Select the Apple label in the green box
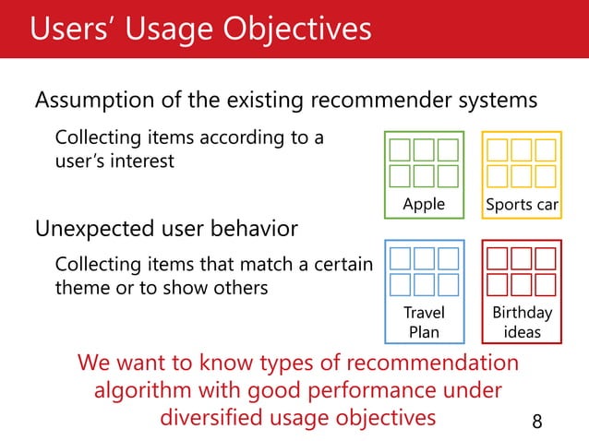[424, 204]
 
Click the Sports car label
[522, 204]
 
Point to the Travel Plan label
[424, 322]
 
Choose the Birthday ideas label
[522, 322]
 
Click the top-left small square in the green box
[400, 150]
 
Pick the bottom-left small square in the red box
[498, 284]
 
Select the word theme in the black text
[83, 288]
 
